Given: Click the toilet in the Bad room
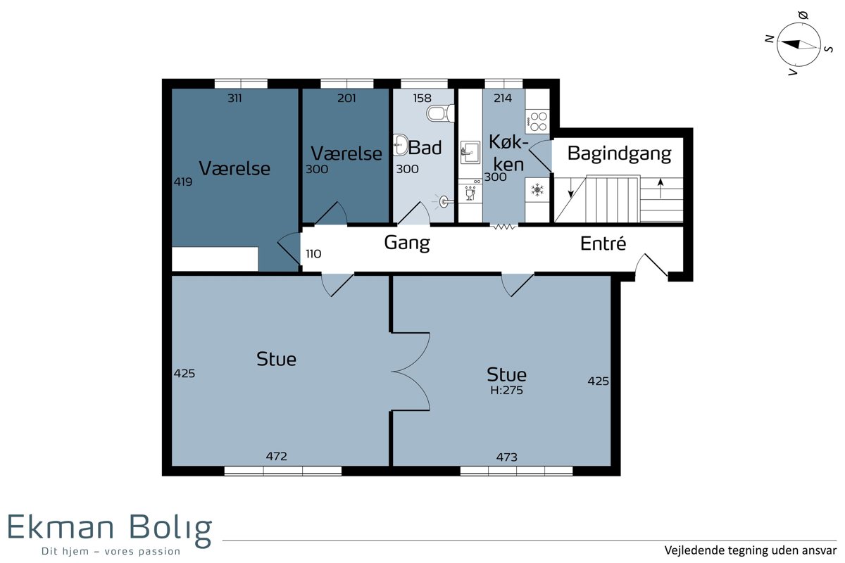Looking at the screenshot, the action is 441,113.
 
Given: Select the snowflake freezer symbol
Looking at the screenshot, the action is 537,190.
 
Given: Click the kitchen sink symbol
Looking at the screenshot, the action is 470,152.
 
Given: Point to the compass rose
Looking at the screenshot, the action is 799,44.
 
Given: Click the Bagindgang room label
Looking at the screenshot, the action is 619,154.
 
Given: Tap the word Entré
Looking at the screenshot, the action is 603,243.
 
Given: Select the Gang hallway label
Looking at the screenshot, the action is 407,243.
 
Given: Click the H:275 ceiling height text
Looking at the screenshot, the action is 506,390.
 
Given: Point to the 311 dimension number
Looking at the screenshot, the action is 234,99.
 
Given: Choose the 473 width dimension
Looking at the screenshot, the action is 506,457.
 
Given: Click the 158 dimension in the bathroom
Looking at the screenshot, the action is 422,99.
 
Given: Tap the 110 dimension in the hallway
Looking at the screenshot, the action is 313,254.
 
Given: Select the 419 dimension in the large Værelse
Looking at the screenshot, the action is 183,182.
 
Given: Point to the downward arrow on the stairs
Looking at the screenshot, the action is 571,188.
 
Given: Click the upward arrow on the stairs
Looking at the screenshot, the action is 661,188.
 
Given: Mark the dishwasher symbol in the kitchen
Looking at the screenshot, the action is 470,191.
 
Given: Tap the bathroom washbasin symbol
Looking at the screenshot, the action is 400,145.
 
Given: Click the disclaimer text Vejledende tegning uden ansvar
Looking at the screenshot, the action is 751,550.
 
